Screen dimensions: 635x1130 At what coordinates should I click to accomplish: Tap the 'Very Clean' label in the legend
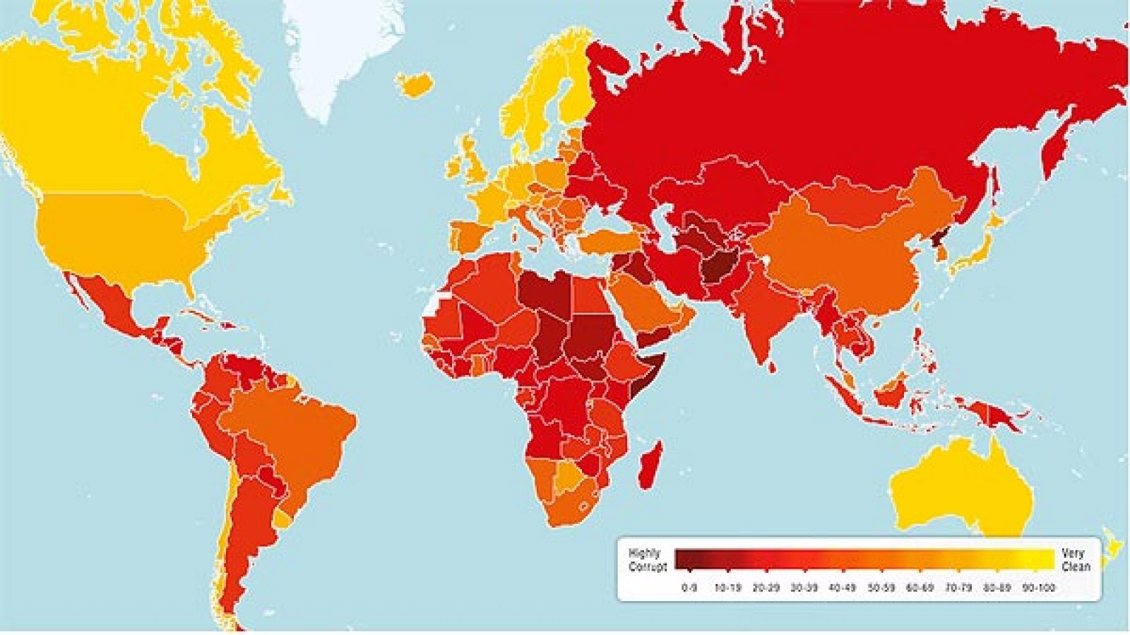pos(1076,560)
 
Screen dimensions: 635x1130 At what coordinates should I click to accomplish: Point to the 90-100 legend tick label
pos(1038,588)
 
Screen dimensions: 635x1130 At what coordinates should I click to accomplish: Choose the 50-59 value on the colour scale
pos(881,588)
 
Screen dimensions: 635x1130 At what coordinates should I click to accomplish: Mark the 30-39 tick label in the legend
pos(804,588)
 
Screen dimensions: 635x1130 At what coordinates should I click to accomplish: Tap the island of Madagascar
pos(650,466)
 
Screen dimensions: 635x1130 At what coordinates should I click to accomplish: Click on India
pos(759,318)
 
